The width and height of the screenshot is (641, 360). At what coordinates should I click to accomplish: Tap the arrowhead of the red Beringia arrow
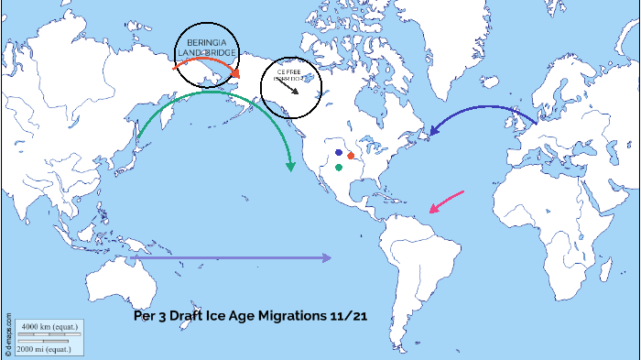(x=236, y=74)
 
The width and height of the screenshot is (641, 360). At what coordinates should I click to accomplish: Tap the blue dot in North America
(x=339, y=152)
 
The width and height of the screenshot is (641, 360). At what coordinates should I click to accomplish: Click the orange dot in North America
(x=351, y=156)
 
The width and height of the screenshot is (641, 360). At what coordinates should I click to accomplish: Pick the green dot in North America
(x=339, y=168)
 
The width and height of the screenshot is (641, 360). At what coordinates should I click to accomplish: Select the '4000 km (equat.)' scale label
(x=49, y=326)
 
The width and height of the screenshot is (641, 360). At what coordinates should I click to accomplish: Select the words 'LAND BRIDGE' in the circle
(x=207, y=53)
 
